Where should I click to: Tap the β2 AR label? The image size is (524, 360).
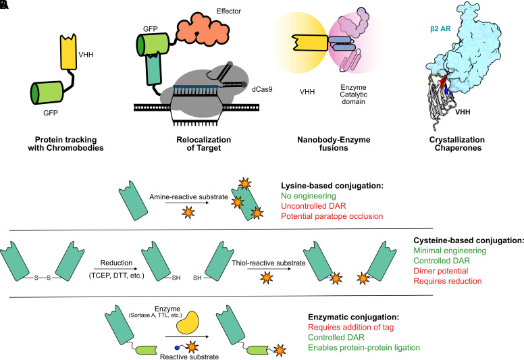click(440, 29)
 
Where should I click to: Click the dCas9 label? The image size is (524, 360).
click(262, 89)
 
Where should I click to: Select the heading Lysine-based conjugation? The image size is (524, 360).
click(332, 186)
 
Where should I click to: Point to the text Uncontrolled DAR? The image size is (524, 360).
click(313, 206)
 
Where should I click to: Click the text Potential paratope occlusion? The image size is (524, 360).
click(332, 216)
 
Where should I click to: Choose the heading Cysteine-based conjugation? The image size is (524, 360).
click(469, 240)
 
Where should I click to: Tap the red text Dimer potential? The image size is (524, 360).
click(441, 271)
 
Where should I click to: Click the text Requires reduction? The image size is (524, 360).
click(448, 281)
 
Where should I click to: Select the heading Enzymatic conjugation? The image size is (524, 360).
click(354, 317)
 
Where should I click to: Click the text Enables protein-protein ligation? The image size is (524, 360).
click(364, 348)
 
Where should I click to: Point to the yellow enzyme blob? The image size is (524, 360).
click(187, 323)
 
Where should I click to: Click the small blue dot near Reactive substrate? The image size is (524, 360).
click(177, 348)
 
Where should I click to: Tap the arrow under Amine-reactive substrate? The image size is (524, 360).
click(187, 203)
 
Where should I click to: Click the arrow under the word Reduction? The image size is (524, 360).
click(115, 268)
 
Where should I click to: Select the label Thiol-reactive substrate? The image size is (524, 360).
click(269, 263)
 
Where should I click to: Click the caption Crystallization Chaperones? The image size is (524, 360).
click(458, 144)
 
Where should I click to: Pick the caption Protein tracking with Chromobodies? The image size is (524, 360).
click(65, 144)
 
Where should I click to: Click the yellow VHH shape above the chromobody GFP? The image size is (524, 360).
click(68, 52)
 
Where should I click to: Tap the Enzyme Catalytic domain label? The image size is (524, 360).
click(354, 95)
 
